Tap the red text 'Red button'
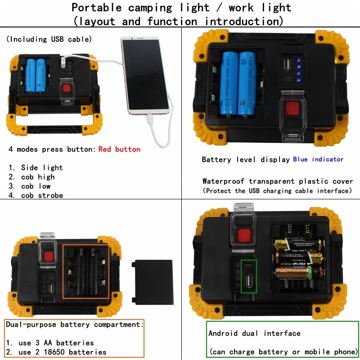click(119, 149)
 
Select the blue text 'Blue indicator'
click(318, 159)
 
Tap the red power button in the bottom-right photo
click(243, 236)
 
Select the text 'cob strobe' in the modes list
click(42, 196)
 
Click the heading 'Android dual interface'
click(254, 333)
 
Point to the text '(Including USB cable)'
click(49, 40)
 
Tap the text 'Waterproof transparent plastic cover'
click(278, 181)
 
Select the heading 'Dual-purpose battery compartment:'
click(75, 324)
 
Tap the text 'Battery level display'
click(246, 160)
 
